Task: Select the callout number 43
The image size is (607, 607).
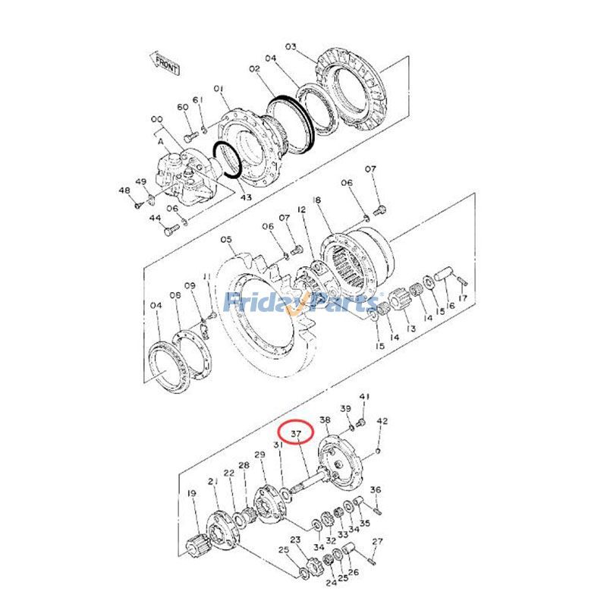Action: click(246, 197)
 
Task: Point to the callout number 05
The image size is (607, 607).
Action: click(226, 241)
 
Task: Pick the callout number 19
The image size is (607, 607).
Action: click(191, 494)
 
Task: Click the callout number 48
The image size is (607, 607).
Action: click(124, 190)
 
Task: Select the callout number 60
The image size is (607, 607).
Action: click(182, 107)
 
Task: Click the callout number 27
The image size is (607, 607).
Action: click(377, 542)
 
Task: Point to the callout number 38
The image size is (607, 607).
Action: click(325, 420)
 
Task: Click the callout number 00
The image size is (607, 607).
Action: click(157, 120)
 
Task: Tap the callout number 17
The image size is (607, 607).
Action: click(462, 298)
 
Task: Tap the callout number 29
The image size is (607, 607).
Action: click(259, 454)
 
